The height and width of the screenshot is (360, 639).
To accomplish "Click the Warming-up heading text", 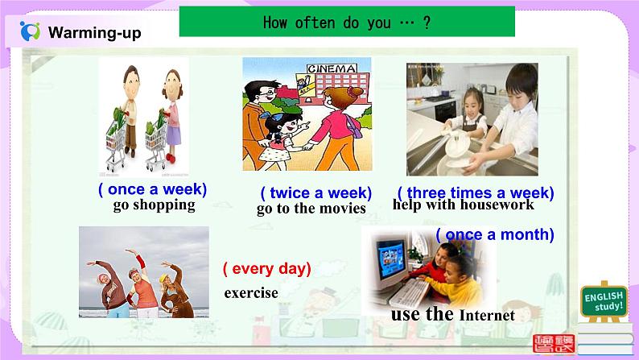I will (94, 32).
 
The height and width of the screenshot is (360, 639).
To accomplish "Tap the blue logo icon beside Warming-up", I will (30, 31).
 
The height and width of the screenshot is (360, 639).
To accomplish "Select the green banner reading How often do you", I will (346, 22).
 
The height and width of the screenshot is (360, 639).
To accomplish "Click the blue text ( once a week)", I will (152, 189).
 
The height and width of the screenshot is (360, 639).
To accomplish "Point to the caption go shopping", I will (154, 205).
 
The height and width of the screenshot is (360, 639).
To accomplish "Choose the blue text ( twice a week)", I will (315, 192).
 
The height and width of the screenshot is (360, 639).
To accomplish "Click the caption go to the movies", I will (311, 209).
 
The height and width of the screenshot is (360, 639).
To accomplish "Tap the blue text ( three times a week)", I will (475, 192).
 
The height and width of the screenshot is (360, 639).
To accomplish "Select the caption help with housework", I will (463, 205).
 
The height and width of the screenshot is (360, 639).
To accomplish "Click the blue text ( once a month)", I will (495, 234).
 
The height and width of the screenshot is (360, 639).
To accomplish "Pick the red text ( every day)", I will (266, 268).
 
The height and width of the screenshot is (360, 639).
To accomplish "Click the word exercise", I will (251, 292).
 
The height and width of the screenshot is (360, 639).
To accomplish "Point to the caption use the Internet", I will (451, 314).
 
